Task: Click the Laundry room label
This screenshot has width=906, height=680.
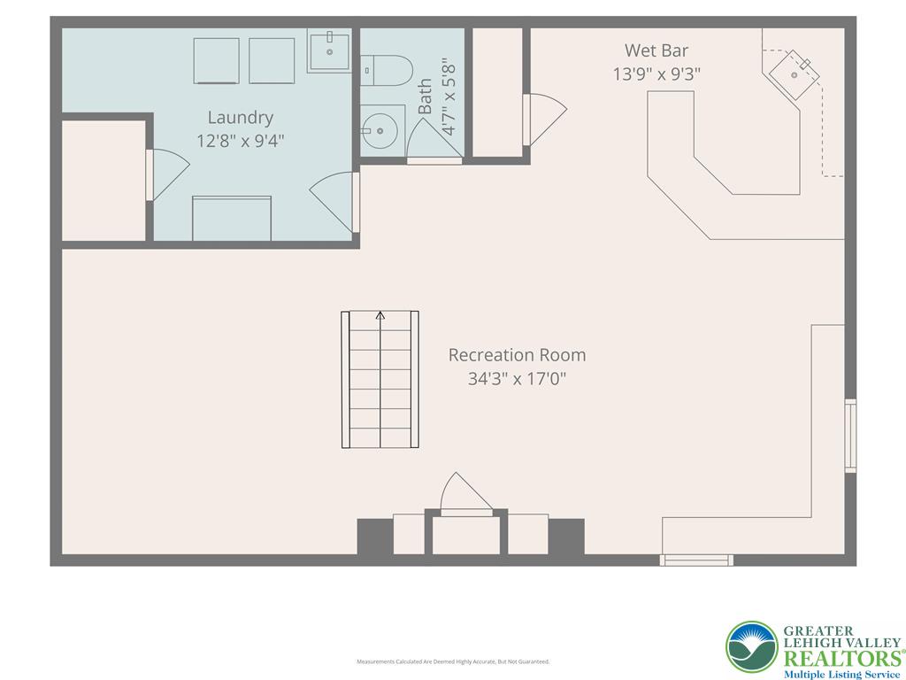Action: tap(240, 117)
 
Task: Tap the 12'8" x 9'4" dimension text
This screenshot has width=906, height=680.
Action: tap(240, 140)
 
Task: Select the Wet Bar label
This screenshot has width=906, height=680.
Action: tap(656, 50)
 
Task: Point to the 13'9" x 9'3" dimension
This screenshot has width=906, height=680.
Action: tap(656, 74)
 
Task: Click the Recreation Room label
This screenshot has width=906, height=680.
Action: tap(517, 355)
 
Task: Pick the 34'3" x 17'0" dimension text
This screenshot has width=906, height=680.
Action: tap(517, 379)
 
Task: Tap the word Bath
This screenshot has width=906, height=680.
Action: tap(426, 96)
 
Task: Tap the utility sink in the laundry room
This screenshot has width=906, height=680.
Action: tap(328, 50)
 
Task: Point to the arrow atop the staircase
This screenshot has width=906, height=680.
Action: tap(380, 314)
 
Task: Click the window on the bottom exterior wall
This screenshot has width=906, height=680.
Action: tap(697, 560)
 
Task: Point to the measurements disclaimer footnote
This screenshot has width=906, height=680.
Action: tap(453, 661)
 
